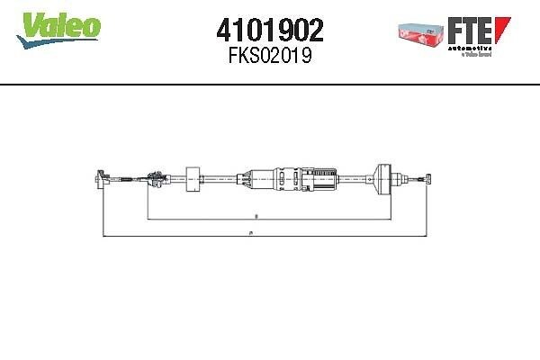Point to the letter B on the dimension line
(256, 216)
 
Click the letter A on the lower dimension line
(249, 232)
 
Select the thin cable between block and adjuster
(219, 178)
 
